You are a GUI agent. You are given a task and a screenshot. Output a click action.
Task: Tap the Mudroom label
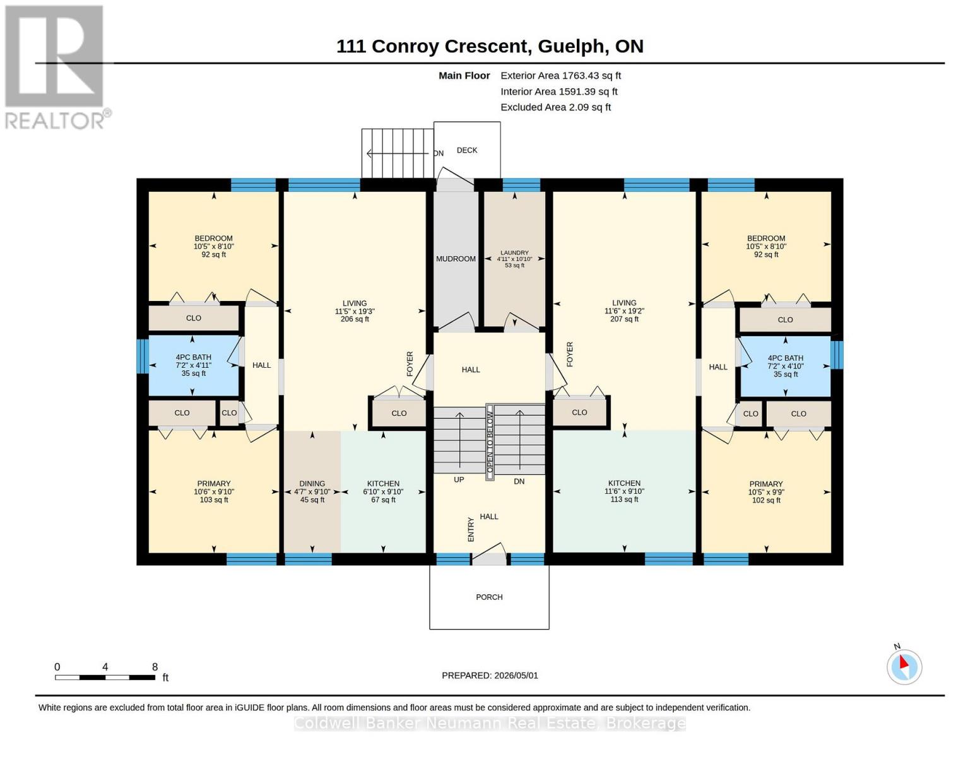[x=456, y=259]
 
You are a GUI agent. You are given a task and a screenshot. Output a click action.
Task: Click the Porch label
[x=489, y=597]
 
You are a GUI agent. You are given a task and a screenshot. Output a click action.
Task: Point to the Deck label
[x=467, y=150]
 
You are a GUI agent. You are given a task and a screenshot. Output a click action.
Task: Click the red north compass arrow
[x=904, y=662]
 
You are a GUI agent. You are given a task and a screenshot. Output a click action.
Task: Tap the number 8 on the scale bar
[x=155, y=667]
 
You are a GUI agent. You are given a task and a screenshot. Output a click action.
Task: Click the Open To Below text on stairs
[x=490, y=442]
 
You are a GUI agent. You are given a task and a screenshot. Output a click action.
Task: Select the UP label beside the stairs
[x=459, y=479]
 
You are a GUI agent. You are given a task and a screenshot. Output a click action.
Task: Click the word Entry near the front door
[x=471, y=529]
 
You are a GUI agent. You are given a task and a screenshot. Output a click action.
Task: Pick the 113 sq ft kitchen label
[x=624, y=491]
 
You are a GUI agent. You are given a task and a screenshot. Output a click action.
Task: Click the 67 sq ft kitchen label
[x=383, y=491]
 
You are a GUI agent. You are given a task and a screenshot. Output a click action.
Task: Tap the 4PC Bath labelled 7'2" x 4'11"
[x=194, y=365]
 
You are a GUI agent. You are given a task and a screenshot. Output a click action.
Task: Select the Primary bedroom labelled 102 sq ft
[x=766, y=492]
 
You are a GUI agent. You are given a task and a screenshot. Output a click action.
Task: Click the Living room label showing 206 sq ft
[x=355, y=311]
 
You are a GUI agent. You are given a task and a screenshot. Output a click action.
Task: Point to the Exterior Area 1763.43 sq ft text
[x=560, y=76]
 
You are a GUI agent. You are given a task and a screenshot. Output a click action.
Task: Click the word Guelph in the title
[x=571, y=47]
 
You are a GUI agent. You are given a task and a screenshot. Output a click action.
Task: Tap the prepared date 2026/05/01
[x=516, y=676]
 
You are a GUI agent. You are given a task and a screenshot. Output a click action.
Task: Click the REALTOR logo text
[x=55, y=121]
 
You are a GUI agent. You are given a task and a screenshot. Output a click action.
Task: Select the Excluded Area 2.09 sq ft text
[x=555, y=107]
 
